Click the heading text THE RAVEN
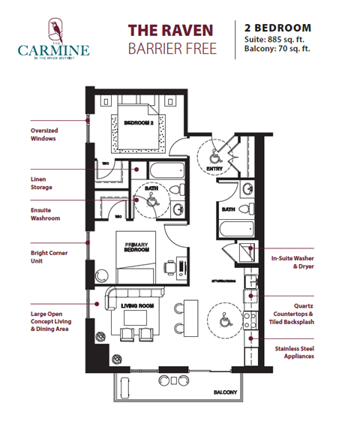169,31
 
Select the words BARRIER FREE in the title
169,50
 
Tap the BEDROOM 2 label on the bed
139,122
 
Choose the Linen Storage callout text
43,184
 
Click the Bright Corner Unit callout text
49,258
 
